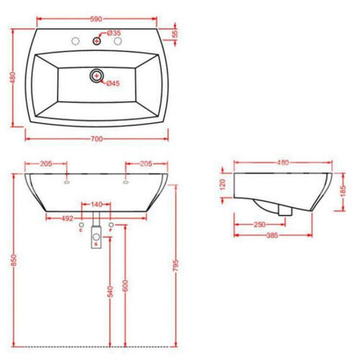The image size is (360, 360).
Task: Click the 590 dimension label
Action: click(x=96, y=19)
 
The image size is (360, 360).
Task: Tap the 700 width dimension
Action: click(x=96, y=139)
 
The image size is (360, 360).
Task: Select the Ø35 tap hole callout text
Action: click(x=114, y=33)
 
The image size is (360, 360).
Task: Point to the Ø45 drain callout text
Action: click(x=113, y=84)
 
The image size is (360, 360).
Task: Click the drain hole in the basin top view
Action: click(x=96, y=76)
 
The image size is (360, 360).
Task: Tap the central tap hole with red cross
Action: click(x=96, y=41)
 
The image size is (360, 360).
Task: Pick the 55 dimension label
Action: click(x=176, y=34)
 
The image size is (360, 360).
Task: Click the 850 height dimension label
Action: click(x=14, y=260)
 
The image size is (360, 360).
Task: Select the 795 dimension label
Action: click(x=176, y=266)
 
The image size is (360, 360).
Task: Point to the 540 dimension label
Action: click(x=110, y=292)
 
